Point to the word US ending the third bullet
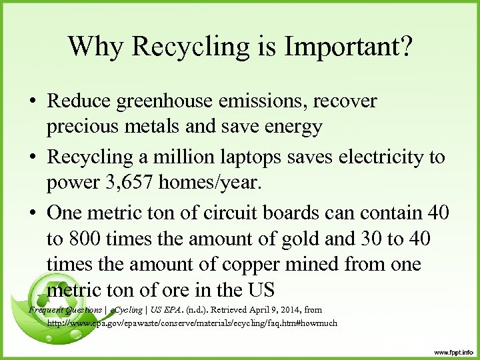260,290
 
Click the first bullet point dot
33,102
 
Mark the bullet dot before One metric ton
33,214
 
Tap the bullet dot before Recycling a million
33,158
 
